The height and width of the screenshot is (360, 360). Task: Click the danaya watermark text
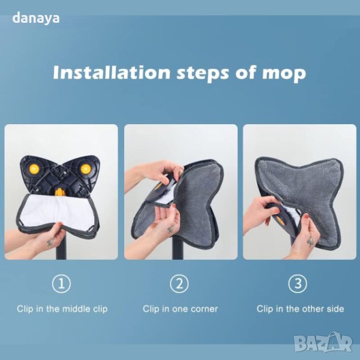36,19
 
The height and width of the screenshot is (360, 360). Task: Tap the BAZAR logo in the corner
323,343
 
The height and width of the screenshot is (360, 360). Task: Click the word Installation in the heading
112,72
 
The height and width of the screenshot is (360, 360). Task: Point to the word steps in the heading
203,73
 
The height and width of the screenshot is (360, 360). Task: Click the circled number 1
61,284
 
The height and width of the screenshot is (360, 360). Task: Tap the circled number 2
179,284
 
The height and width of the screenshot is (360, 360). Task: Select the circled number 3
298,284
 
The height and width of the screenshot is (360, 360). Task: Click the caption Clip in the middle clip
62,309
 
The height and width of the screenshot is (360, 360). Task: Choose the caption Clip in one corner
180,309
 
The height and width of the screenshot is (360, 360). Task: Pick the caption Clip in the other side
301,309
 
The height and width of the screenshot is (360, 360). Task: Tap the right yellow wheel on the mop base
85,169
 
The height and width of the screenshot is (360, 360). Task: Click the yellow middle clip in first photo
59,193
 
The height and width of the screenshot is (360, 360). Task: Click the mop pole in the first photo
61,247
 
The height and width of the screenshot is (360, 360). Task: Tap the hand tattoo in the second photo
170,229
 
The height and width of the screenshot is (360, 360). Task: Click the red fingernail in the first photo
61,224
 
